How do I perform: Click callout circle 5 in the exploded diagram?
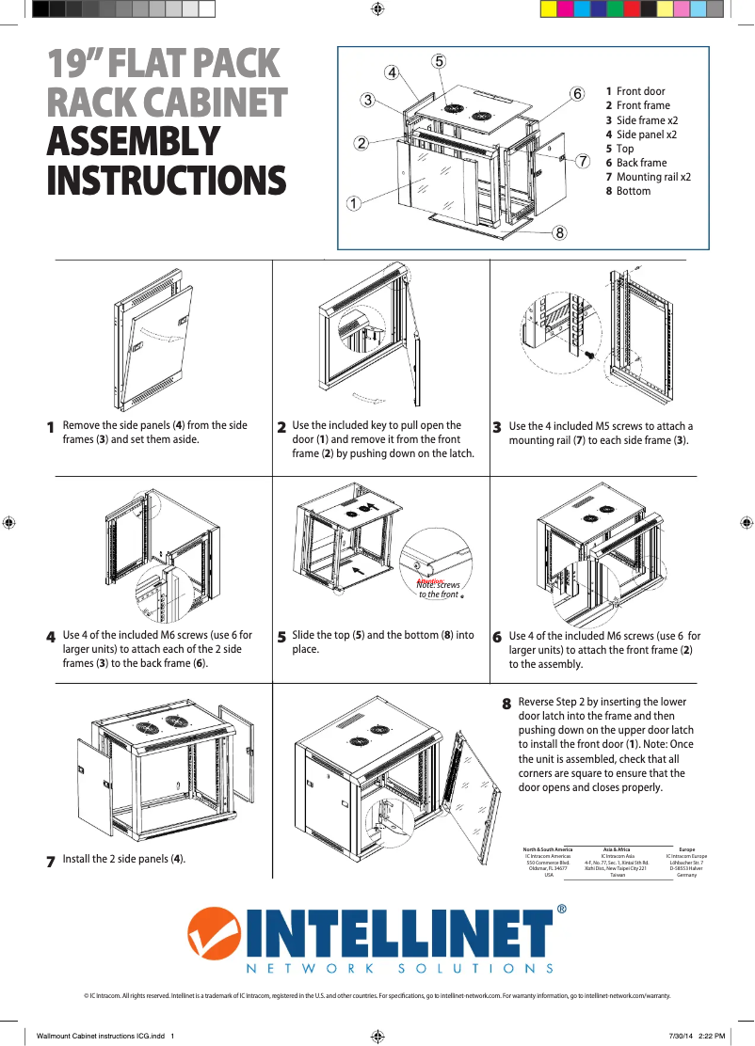(x=440, y=61)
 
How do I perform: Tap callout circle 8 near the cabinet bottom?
(x=559, y=232)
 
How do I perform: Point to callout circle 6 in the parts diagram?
(x=577, y=93)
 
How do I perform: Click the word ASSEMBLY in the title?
(x=134, y=141)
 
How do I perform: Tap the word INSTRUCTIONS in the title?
(x=167, y=181)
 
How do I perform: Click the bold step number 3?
(x=497, y=428)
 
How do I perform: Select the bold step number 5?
(x=281, y=638)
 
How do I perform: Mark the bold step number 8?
(x=506, y=704)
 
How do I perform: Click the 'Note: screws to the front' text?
(x=439, y=590)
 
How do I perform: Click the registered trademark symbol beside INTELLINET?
(x=561, y=910)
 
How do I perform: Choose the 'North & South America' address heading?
(x=548, y=848)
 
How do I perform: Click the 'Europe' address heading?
(x=686, y=848)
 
